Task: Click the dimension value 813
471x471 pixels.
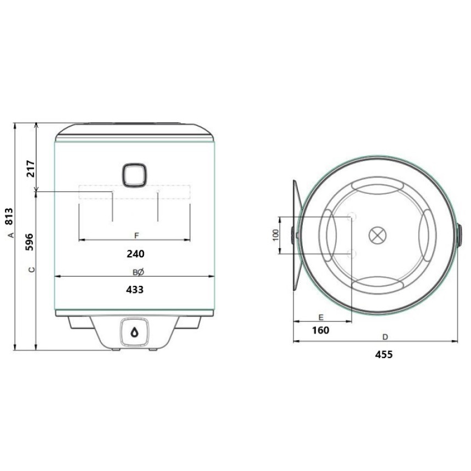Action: pos(9,216)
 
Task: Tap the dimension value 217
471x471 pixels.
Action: pos(31,169)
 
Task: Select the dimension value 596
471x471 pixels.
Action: pos(29,242)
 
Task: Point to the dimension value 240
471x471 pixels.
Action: pos(135,254)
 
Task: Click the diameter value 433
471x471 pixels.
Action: pos(135,290)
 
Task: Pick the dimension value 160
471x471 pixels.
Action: pos(320,330)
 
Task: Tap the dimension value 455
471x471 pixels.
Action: pos(384,355)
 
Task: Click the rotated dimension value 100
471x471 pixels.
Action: pos(275,235)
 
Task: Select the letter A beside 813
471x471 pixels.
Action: pos(11,235)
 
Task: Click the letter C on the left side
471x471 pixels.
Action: pos(32,269)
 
